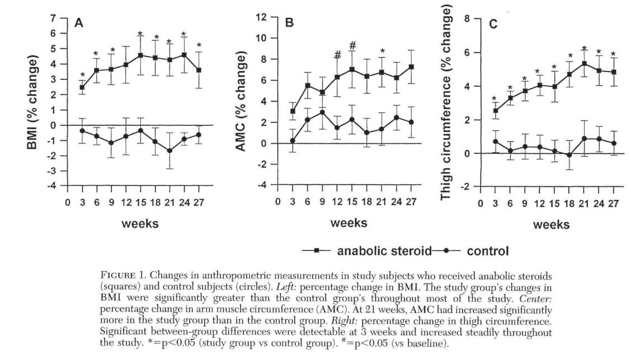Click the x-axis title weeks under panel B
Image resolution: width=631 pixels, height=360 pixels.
coord(349,223)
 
